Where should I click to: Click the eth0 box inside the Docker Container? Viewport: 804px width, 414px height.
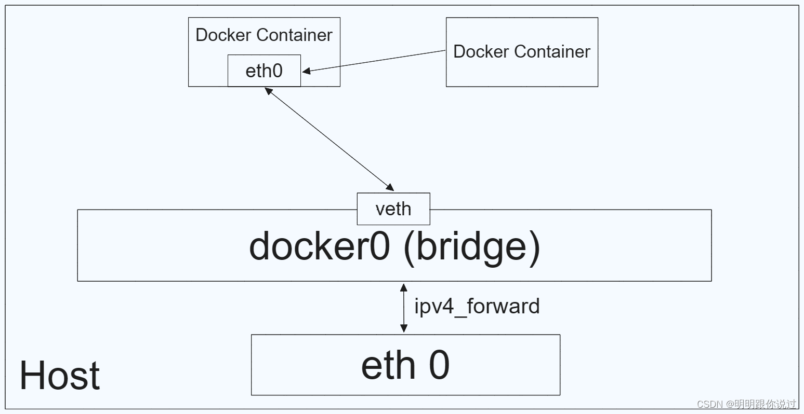click(264, 71)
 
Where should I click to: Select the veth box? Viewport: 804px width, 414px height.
click(393, 209)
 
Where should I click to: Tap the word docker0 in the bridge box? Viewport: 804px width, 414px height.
click(320, 246)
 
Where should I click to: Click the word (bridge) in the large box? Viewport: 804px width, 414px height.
click(471, 248)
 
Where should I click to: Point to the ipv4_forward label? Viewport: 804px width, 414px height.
click(477, 307)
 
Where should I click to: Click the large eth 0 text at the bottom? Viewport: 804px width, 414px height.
click(405, 365)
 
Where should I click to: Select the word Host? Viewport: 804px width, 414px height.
click(60, 375)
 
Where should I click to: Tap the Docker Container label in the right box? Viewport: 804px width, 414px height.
click(521, 51)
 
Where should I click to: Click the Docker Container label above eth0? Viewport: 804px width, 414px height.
click(264, 35)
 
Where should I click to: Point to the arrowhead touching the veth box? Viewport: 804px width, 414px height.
click(390, 187)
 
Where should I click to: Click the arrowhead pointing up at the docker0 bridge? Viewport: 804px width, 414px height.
click(403, 287)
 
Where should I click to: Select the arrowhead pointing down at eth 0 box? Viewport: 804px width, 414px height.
click(403, 328)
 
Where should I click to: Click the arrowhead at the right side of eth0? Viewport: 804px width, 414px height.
click(306, 71)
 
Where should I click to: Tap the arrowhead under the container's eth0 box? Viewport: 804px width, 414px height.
click(269, 91)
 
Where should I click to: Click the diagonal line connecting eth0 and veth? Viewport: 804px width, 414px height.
click(329, 139)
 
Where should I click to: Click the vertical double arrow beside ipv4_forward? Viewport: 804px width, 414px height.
click(403, 308)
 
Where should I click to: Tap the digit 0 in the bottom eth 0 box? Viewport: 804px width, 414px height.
click(439, 365)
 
